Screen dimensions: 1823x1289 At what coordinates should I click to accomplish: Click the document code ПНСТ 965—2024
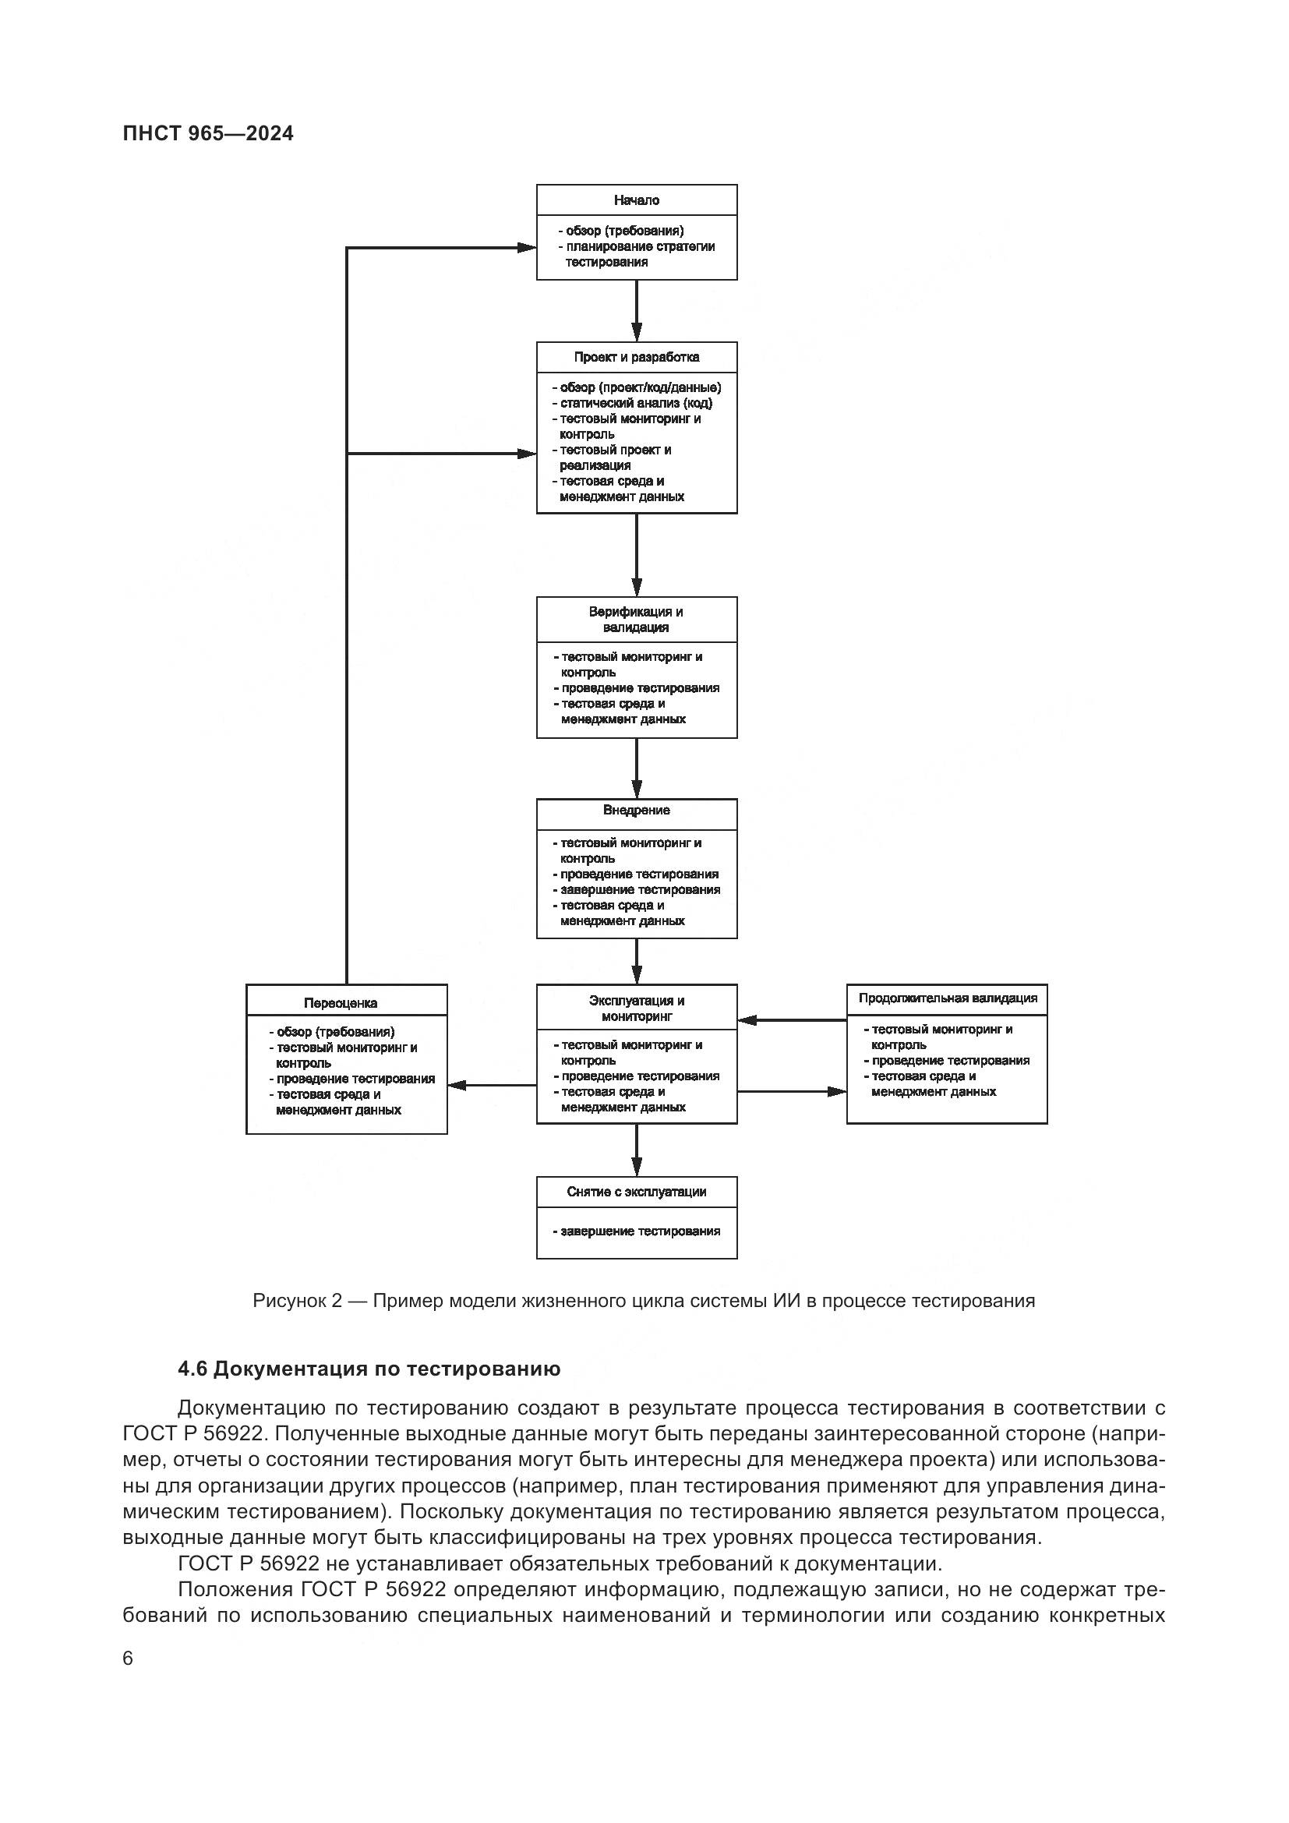click(208, 133)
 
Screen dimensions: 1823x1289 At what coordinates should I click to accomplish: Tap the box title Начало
click(637, 200)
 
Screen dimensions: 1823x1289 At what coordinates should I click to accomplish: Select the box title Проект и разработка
click(637, 357)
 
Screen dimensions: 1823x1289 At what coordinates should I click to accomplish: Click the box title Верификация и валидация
click(637, 620)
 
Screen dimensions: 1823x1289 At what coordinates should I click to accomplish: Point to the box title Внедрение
click(637, 811)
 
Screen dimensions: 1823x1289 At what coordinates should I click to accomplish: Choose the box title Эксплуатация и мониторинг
click(637, 1009)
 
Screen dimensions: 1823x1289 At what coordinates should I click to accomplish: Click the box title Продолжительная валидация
click(948, 999)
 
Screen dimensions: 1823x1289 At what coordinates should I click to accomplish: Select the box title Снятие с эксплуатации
click(637, 1192)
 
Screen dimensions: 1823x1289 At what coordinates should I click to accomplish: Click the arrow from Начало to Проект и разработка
click(637, 310)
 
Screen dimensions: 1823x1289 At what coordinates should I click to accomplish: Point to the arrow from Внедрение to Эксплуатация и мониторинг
click(637, 962)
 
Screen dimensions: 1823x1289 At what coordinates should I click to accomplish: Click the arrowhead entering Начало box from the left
click(527, 248)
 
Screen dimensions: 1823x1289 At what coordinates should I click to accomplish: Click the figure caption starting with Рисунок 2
click(644, 1301)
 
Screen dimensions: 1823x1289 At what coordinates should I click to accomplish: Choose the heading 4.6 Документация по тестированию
click(369, 1369)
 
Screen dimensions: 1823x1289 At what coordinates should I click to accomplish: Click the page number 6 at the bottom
click(128, 1659)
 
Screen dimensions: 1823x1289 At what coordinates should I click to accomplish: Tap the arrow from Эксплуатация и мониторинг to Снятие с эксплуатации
click(637, 1150)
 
